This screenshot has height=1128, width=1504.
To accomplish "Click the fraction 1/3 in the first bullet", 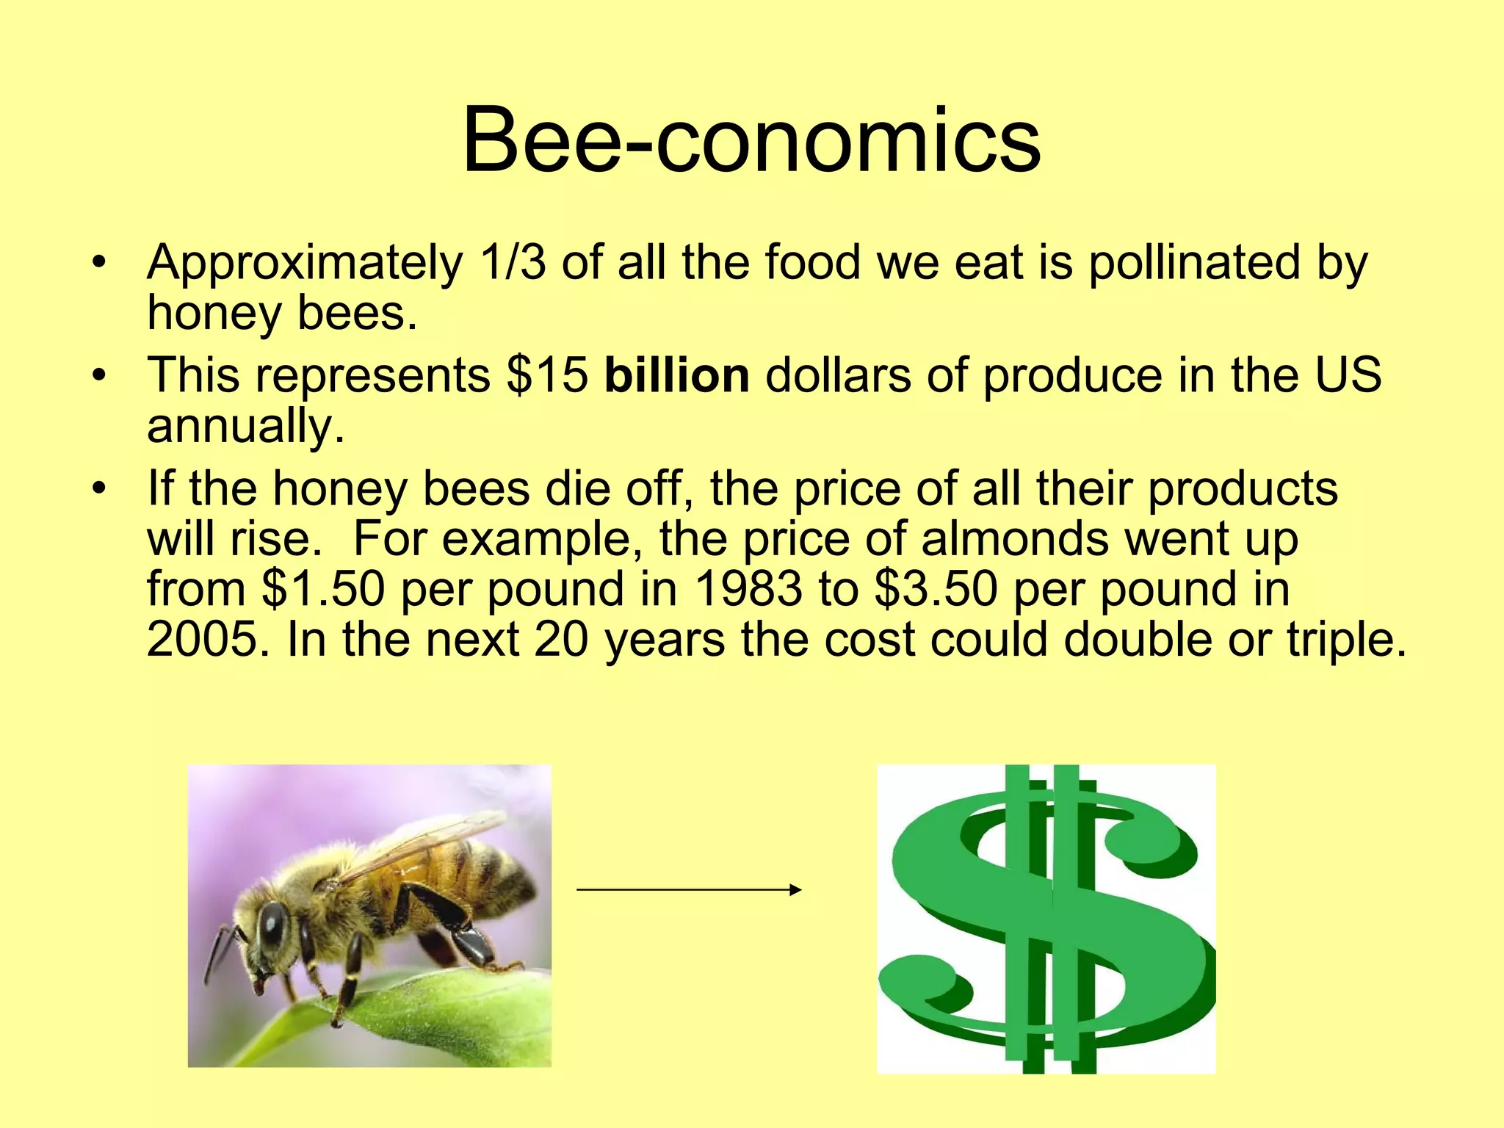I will pyautogui.click(x=513, y=262).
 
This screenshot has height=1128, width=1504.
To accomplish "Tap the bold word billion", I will pyautogui.click(x=676, y=375).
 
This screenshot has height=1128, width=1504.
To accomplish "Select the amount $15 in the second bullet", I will pyautogui.click(x=547, y=375).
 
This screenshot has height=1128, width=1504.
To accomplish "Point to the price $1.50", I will pyautogui.click(x=323, y=589).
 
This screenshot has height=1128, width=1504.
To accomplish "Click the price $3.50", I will pyautogui.click(x=936, y=589).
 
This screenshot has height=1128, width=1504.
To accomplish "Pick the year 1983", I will pyautogui.click(x=748, y=589).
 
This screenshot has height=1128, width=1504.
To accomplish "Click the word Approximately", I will pyautogui.click(x=305, y=264).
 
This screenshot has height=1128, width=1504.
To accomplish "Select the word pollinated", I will pyautogui.click(x=1193, y=262).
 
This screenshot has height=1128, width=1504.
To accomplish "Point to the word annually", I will pyautogui.click(x=245, y=427).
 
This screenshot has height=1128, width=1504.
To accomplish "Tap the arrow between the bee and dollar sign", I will pyautogui.click(x=688, y=890).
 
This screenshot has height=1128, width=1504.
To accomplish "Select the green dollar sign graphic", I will pyautogui.click(x=1046, y=918).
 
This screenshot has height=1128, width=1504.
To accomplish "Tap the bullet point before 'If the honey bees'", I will pyautogui.click(x=100, y=488).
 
